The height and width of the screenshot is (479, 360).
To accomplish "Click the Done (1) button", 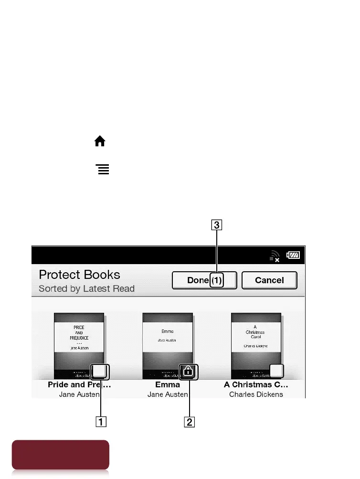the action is pos(204,280).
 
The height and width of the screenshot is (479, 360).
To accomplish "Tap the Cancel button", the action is pos(269,280).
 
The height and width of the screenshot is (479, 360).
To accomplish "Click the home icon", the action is pos(100,141).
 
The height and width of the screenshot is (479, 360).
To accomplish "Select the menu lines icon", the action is pos(103,169).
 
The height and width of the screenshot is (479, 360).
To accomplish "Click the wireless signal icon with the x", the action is pos(274,257).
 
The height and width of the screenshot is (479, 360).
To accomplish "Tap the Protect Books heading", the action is pos(79,275).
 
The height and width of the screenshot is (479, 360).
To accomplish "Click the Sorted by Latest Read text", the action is pos(86,288).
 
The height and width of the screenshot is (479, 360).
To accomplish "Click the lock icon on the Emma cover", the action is pos(188,371).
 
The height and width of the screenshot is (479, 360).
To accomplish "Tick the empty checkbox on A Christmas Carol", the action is pos(276,371).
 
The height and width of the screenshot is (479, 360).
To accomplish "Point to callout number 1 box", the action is pos(101,421).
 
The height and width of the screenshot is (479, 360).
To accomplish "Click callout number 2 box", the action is pos(190,421).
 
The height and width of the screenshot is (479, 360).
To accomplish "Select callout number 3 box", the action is pos(217,224).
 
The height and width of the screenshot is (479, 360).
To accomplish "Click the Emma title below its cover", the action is pos(168,385).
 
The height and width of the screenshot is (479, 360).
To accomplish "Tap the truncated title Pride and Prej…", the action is pos(79,385).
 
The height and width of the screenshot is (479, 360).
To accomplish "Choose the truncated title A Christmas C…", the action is pos(256,385).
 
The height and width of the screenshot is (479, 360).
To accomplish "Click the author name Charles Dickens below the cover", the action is pos(256,394).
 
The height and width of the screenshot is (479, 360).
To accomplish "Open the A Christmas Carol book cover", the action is pos(256,341).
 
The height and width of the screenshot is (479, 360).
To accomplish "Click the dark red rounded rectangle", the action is pos(61,455).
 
